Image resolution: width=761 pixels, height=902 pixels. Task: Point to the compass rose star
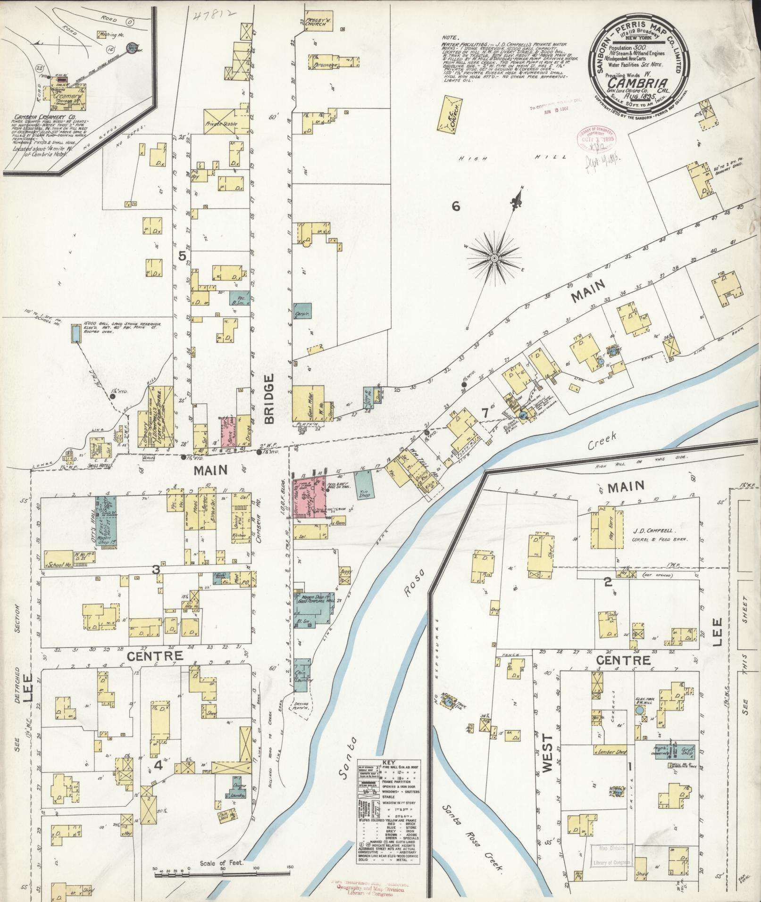[494, 258]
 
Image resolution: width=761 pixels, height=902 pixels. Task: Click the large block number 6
[455, 206]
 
